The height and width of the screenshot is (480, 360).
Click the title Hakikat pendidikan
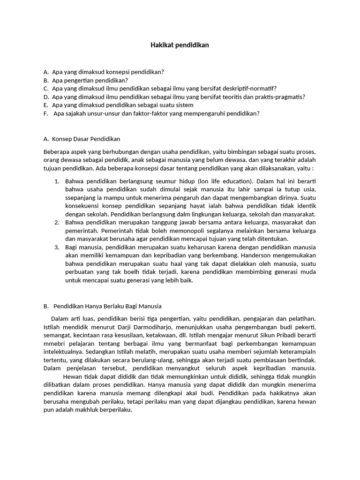pyautogui.click(x=180, y=45)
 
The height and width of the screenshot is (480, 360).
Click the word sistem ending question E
pyautogui.click(x=184, y=105)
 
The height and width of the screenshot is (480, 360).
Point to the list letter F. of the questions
pyautogui.click(x=45, y=114)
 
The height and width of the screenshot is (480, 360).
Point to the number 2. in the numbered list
pyautogui.click(x=56, y=223)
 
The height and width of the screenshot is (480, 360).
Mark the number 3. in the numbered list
pyautogui.click(x=56, y=247)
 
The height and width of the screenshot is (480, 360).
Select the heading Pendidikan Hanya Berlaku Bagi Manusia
pyautogui.click(x=107, y=306)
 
